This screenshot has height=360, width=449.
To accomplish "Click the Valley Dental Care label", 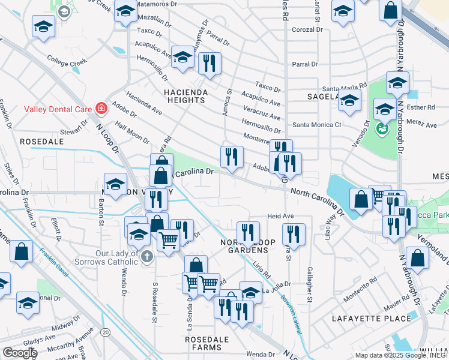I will (58, 109).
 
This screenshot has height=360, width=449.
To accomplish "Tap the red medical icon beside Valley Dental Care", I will (101, 109).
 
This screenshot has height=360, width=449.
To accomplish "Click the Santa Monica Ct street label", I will (317, 125).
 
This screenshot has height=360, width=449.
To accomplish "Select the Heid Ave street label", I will (280, 215).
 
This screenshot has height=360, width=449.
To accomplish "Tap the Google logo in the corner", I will (20, 353).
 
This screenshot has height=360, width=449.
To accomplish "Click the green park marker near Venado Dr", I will (381, 128).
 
